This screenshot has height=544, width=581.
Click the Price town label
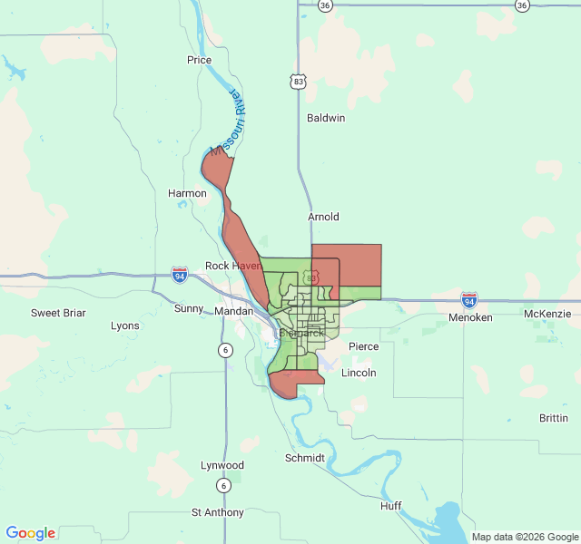[199, 60]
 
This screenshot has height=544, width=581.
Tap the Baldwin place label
[326, 118]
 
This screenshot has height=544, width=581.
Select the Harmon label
[187, 193]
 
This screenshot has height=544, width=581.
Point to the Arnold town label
[323, 217]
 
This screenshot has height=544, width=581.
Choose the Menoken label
[470, 318]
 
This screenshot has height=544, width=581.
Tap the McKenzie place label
[547, 314]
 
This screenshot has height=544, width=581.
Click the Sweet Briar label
[58, 313]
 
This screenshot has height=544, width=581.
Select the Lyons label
[125, 325]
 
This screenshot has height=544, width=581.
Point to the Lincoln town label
[359, 373]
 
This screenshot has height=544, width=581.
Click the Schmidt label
[305, 458]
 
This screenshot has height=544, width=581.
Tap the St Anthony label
[218, 512]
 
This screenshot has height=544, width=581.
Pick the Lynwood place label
[222, 465]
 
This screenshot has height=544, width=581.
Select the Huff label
[391, 505]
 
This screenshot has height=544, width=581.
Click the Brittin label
[554, 418]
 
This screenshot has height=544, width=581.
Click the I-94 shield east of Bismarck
[469, 299]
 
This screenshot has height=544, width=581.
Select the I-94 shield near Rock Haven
[180, 273]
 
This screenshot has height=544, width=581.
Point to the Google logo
[30, 533]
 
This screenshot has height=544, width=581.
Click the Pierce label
[364, 346]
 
